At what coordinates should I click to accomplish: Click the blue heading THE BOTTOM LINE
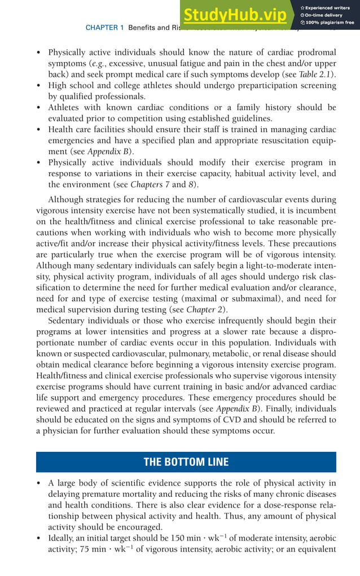[186, 462]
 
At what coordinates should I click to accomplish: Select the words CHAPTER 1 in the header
[104, 27]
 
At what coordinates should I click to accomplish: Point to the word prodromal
[313, 53]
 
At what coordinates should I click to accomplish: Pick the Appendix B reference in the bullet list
[114, 151]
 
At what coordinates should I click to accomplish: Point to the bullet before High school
[38, 86]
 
